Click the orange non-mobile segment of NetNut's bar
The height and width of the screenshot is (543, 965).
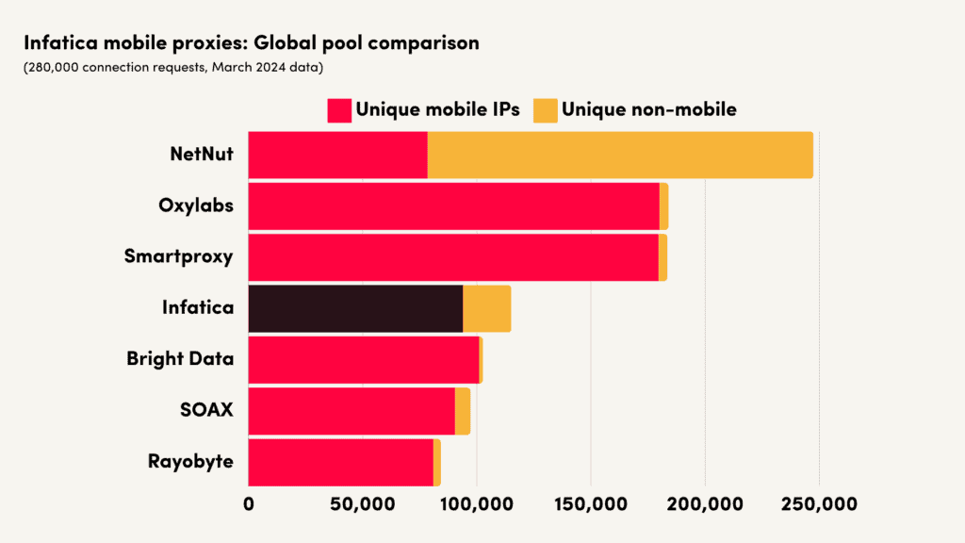tap(620, 155)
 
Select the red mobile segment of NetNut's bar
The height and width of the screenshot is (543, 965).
tap(337, 155)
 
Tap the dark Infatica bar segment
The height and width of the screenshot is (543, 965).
tap(355, 308)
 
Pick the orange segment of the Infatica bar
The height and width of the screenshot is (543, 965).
tap(486, 308)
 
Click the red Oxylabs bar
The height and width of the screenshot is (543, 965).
tap(453, 206)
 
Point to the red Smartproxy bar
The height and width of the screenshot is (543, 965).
tap(453, 257)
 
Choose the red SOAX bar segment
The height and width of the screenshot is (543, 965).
tap(352, 411)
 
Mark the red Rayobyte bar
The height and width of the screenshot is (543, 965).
tap(340, 462)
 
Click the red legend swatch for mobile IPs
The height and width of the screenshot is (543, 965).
tap(339, 109)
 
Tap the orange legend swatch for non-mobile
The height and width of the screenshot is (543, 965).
tap(545, 109)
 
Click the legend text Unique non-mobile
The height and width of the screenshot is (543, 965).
tap(648, 109)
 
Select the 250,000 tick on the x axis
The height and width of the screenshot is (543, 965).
tap(819, 504)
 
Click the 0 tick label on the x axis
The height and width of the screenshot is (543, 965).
tap(249, 504)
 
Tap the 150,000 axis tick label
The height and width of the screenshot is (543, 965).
tap(591, 504)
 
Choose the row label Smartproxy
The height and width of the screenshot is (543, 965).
tap(178, 256)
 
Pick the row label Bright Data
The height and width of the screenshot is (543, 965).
tap(180, 359)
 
